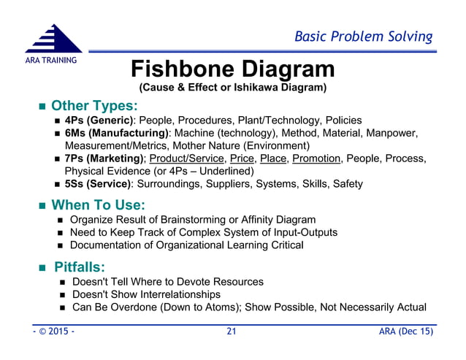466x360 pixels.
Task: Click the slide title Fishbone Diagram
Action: pyautogui.click(x=232, y=69)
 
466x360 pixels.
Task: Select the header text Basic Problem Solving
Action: pyautogui.click(x=363, y=36)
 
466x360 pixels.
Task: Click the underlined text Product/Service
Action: pyautogui.click(x=187, y=158)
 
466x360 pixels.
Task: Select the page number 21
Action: pyautogui.click(x=232, y=333)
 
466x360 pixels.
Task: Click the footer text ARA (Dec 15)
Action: pyautogui.click(x=406, y=333)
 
